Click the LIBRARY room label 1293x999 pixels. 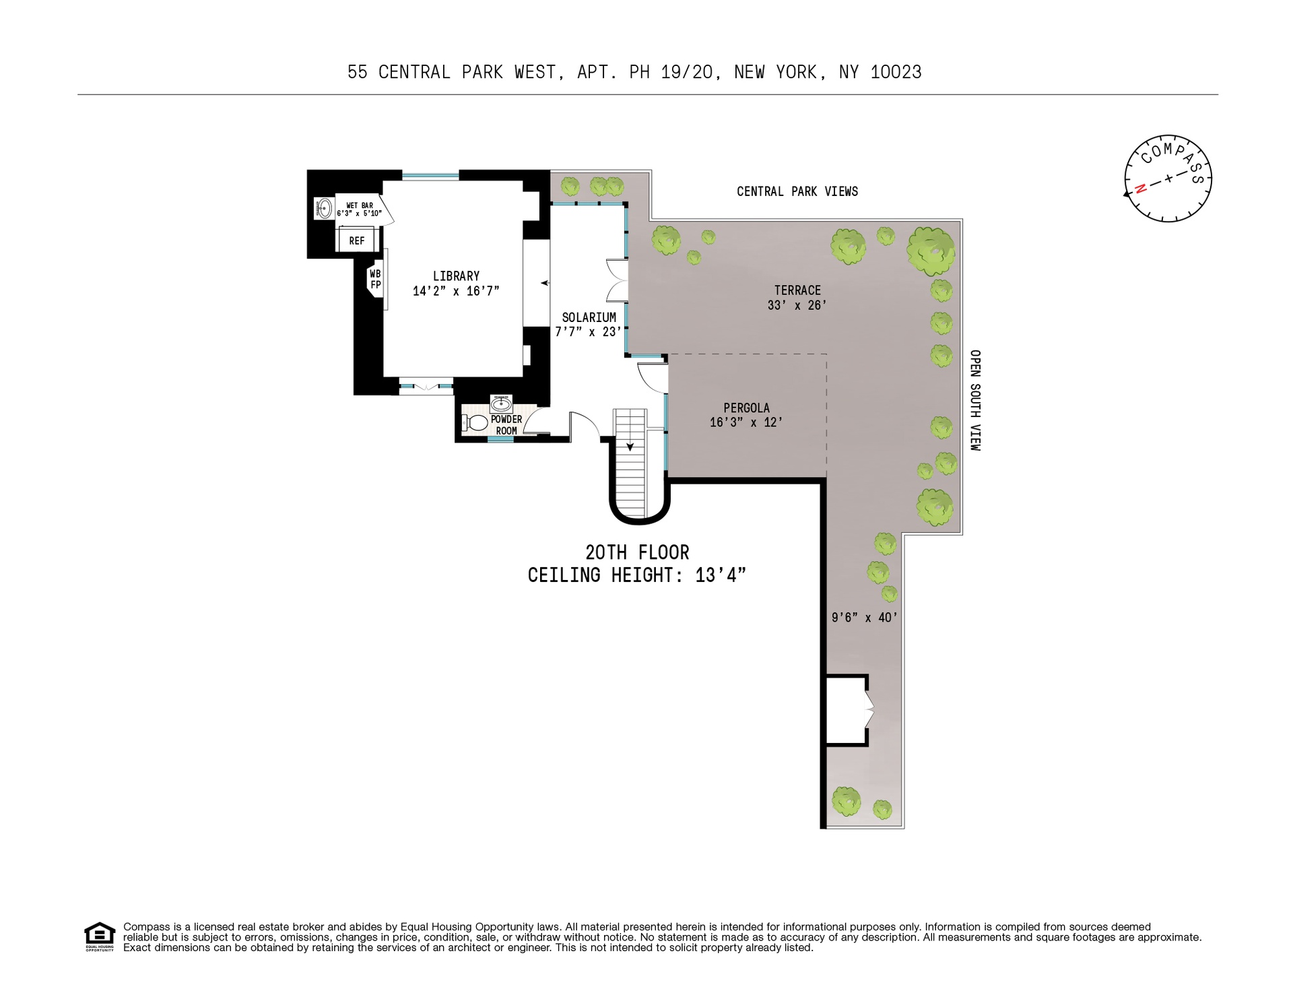coord(456,276)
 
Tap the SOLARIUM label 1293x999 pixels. coord(589,317)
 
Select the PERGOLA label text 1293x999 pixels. coord(746,408)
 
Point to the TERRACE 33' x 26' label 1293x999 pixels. coord(797,298)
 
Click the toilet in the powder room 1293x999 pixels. coord(477,422)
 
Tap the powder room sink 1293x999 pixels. coord(501,404)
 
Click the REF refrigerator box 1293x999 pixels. coord(356,240)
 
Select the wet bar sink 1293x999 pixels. coord(325,207)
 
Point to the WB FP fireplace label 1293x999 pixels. coord(375,279)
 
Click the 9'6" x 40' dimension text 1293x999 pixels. coord(864,617)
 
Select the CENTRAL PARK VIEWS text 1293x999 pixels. coord(797,192)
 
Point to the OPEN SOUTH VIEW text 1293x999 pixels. coord(975,400)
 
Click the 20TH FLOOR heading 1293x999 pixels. coord(637,553)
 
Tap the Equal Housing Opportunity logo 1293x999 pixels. coord(100,936)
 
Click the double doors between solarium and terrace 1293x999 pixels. coord(618,280)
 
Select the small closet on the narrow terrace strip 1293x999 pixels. coord(847,710)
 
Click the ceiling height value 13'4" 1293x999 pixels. coord(721,576)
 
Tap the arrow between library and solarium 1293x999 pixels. coord(544,283)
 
